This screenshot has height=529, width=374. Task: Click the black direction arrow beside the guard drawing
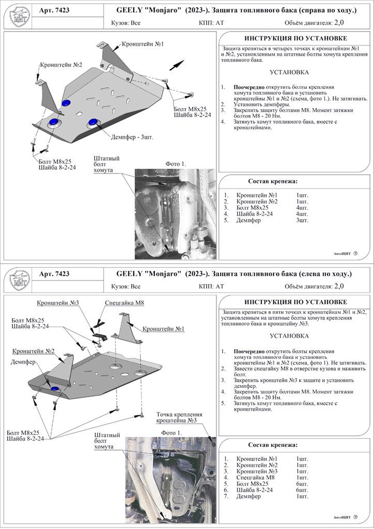click(177, 64)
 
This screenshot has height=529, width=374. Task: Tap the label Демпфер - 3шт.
click(132, 137)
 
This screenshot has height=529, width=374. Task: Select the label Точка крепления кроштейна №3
click(179, 417)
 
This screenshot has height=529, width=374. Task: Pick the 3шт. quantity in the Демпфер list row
click(302, 220)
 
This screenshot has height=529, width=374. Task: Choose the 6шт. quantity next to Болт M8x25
click(302, 484)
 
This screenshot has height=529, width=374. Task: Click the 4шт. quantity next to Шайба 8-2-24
click(302, 213)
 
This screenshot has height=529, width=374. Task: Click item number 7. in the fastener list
click(226, 496)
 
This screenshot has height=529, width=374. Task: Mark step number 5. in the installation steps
click(223, 403)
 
